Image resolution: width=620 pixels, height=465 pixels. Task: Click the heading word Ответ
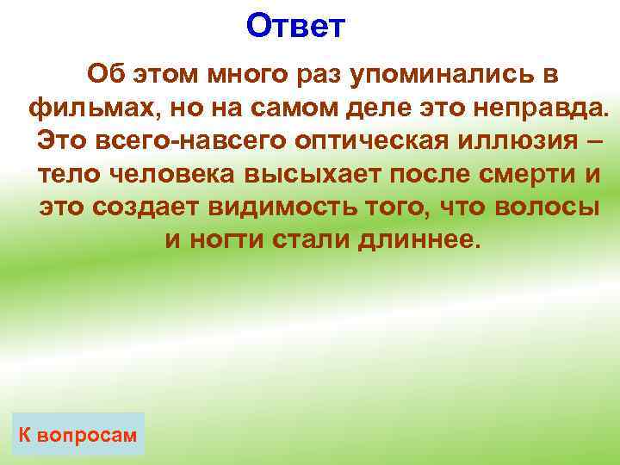tap(294, 26)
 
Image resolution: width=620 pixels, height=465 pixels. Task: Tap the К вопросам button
tap(77, 435)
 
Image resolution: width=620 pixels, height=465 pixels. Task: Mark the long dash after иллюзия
tap(582, 140)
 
